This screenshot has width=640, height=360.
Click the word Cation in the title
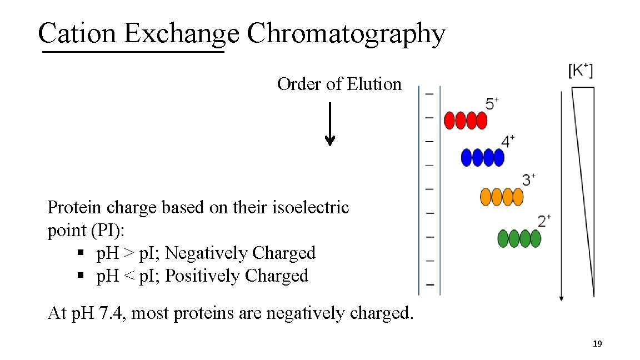click(x=77, y=33)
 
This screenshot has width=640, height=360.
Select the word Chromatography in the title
click(x=346, y=34)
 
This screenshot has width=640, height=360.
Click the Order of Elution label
click(x=339, y=84)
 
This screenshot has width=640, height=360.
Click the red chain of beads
click(x=466, y=121)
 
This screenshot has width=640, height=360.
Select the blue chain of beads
click(x=483, y=158)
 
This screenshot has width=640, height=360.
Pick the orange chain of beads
click(x=502, y=197)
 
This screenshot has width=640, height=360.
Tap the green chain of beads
click(x=519, y=238)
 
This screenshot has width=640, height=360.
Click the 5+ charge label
click(x=492, y=104)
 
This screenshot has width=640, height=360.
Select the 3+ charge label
click(x=529, y=179)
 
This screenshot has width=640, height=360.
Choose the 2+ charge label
click(x=544, y=221)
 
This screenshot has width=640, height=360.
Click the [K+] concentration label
click(x=580, y=71)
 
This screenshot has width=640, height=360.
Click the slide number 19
click(x=597, y=344)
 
